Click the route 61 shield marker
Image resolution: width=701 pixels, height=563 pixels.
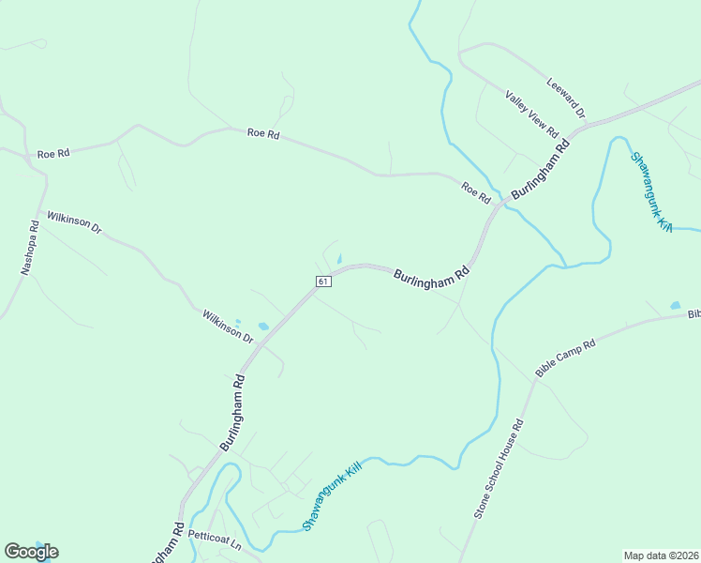(322, 281)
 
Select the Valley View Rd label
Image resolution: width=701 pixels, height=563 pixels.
(531, 113)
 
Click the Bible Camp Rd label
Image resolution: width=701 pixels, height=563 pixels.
(565, 358)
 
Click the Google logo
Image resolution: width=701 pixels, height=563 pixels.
(31, 552)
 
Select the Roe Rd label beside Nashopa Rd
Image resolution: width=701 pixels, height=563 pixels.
(53, 153)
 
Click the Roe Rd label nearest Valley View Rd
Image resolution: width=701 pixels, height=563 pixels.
(476, 193)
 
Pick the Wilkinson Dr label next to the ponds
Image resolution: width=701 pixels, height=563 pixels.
(228, 325)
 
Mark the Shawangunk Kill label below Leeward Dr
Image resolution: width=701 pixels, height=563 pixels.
(652, 192)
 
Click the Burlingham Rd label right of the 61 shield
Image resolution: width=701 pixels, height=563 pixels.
(431, 277)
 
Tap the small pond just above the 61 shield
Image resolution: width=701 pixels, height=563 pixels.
(338, 260)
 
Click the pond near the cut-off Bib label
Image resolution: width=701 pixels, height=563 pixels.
(675, 305)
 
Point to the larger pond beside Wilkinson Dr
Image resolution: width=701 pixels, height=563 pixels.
(263, 327)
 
